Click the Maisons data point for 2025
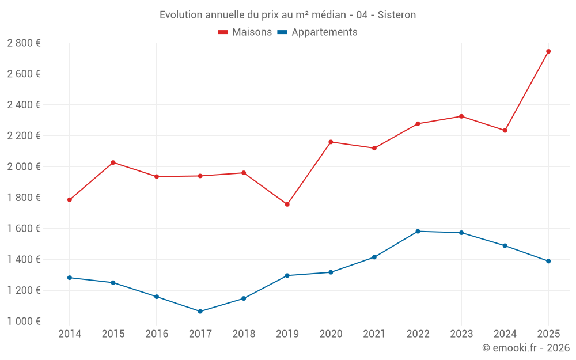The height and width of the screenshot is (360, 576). [x=548, y=51]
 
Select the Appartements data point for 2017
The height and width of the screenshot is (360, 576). [x=200, y=312]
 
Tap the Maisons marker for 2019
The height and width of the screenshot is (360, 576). [x=287, y=204]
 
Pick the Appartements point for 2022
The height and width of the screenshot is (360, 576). [x=418, y=232]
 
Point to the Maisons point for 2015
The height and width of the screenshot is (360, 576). [x=113, y=162]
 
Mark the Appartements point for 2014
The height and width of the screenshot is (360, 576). [x=70, y=278]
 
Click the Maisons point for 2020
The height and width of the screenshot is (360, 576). [x=331, y=142]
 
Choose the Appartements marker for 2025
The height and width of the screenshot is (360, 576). [x=548, y=261]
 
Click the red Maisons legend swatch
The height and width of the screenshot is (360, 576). [x=223, y=32]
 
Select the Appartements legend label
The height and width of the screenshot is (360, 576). [x=324, y=32]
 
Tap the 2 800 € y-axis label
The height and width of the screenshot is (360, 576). [x=24, y=43]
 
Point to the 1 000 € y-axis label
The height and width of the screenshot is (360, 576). [x=24, y=321]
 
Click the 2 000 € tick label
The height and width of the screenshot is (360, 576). [x=24, y=166]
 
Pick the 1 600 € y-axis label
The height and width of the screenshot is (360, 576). [x=24, y=229]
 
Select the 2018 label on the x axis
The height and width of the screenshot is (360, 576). [x=244, y=334]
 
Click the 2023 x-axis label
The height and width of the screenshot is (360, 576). [x=461, y=334]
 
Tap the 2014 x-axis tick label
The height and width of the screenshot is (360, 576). [x=70, y=334]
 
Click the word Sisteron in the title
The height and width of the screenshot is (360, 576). [x=397, y=15]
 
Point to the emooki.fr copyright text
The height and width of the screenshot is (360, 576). [x=526, y=348]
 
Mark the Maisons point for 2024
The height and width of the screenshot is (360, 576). [x=505, y=131]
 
